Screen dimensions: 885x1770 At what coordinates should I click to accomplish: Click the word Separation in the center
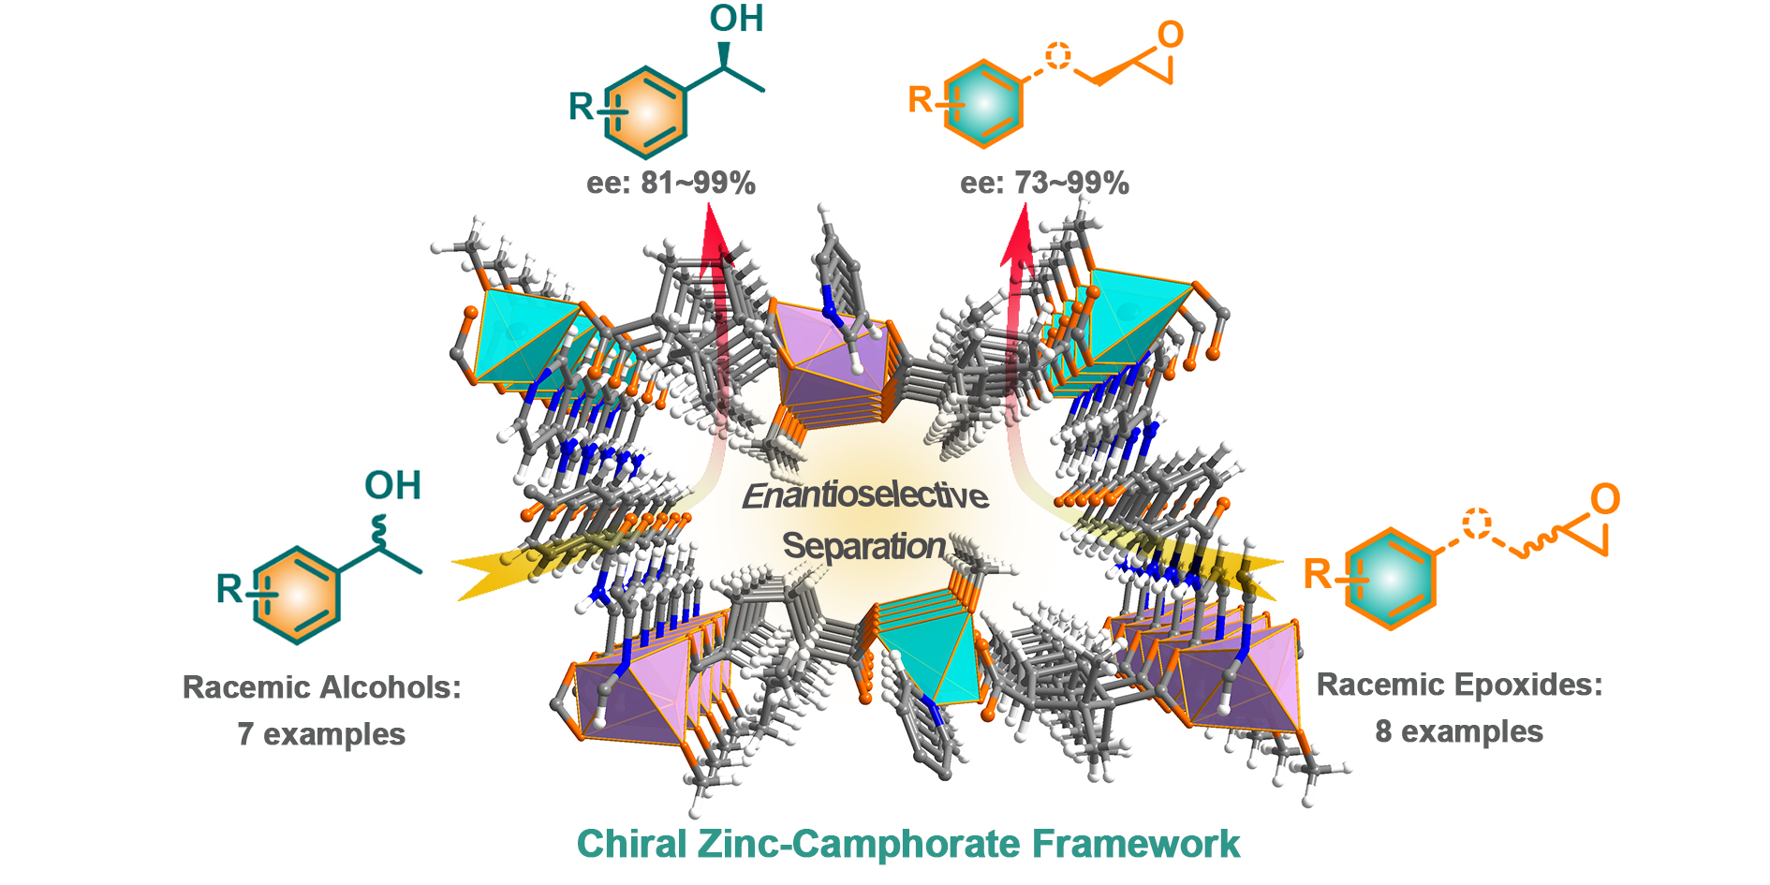pos(863,545)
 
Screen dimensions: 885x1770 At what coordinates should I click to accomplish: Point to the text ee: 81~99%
pos(671,183)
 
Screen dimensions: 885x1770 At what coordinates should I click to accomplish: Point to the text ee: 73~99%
pos(1044,183)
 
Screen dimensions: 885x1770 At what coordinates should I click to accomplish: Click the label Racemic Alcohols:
pos(321,687)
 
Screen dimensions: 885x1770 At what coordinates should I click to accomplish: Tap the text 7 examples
pos(321,734)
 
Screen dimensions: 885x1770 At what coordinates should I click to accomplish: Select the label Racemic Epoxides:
pos(1459,685)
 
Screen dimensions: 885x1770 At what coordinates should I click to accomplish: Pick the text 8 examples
pos(1459,731)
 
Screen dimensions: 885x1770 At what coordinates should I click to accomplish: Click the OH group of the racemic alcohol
pos(392,486)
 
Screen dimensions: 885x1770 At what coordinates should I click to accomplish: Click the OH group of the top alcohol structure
pos(736,19)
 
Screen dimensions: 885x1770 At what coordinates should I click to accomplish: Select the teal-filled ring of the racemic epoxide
pos(1390,579)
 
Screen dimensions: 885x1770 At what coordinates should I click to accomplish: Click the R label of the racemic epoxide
pos(1317,573)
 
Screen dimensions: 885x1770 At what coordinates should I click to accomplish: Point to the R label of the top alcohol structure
pos(582,107)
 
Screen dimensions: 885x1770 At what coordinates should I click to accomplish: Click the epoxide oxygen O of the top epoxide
pos(1170,36)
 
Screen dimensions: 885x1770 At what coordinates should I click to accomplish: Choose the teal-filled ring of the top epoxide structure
pos(983,104)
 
